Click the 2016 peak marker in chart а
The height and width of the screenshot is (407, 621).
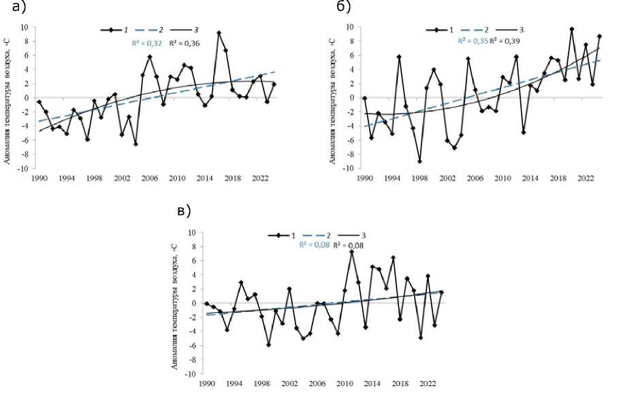click(219, 33)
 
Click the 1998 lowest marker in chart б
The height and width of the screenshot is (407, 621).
click(420, 161)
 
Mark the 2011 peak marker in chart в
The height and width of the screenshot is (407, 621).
click(351, 252)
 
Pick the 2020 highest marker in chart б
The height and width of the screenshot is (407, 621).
click(572, 29)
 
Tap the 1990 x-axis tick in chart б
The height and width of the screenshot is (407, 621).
click(365, 178)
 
